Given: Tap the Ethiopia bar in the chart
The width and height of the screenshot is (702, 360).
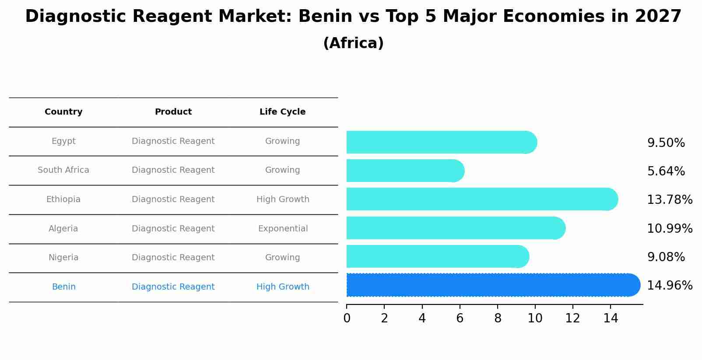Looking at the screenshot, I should [x=481, y=199].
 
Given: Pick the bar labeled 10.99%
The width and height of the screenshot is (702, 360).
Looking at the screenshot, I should [x=455, y=228].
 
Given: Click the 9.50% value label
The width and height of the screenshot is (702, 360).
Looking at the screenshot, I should [x=666, y=143].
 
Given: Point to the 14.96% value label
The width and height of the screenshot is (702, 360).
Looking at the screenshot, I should [x=669, y=286].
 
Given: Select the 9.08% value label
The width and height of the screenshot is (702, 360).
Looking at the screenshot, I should [x=666, y=257].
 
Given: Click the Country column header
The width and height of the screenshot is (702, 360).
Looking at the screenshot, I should [x=63, y=112].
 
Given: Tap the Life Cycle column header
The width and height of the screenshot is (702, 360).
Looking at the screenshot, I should [x=282, y=112].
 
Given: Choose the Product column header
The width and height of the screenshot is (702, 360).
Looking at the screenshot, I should [x=173, y=112].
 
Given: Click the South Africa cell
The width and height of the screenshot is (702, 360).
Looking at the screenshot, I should [x=63, y=170].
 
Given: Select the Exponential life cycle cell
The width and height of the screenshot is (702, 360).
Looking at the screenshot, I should [x=283, y=229].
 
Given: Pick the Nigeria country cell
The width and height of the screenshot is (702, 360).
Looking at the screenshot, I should [x=63, y=258].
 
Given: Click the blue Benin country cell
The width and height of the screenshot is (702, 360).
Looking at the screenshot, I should [x=63, y=287].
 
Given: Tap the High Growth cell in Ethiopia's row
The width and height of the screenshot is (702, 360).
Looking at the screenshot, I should [x=283, y=199].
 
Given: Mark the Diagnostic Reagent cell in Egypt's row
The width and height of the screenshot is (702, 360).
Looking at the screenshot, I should [x=173, y=141].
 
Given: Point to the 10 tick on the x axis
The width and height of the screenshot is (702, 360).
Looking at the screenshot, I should [x=535, y=318].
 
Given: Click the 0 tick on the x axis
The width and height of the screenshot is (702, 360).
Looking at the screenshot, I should [x=347, y=318].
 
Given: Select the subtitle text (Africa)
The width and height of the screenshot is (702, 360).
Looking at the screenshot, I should [x=353, y=43].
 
